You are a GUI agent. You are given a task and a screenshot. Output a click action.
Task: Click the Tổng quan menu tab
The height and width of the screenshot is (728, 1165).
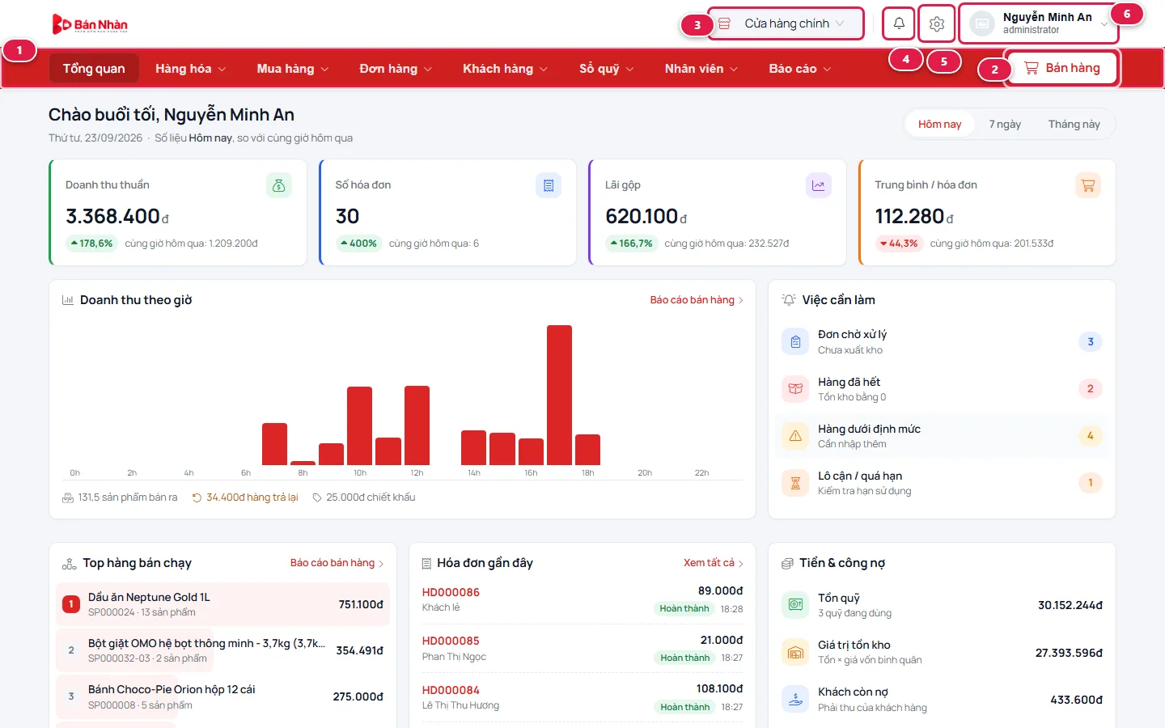(x=94, y=68)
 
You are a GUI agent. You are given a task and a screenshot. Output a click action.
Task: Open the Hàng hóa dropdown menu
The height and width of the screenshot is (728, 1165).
(x=190, y=69)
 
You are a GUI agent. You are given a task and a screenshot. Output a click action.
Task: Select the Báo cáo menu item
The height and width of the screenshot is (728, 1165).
(x=800, y=69)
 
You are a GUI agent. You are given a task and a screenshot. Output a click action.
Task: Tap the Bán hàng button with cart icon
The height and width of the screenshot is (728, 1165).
(x=1061, y=68)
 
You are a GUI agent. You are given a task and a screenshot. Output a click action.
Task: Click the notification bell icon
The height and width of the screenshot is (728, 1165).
(x=899, y=23)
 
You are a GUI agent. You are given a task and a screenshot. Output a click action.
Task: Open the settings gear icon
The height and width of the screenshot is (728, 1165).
(x=937, y=23)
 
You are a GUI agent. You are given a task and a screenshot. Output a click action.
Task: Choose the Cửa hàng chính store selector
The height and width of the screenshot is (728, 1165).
(x=786, y=23)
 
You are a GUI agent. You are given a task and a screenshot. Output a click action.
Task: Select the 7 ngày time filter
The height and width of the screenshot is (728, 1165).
(x=1005, y=125)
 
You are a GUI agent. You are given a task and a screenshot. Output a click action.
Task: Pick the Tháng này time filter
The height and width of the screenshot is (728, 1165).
(x=1074, y=125)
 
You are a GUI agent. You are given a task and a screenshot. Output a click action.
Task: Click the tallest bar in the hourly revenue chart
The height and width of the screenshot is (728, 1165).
(x=559, y=395)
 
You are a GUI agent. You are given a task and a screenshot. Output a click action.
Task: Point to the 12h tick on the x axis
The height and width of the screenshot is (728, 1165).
(x=417, y=472)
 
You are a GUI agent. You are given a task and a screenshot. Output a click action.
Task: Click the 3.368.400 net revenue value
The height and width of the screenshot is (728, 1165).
(x=112, y=216)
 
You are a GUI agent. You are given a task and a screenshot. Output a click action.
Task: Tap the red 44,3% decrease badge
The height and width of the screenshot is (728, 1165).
(x=899, y=243)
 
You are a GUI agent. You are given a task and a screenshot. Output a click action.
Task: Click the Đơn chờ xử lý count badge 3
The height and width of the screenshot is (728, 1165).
(x=1090, y=341)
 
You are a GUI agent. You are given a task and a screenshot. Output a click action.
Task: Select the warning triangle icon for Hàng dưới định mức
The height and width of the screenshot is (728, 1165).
(x=795, y=436)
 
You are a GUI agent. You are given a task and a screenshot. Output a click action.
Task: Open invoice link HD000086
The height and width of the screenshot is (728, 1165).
(x=451, y=592)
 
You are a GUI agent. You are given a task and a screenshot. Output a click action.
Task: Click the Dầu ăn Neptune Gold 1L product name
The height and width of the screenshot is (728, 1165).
(x=149, y=597)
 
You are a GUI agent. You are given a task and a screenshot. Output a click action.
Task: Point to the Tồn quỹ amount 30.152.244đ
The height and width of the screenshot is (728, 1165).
(x=1070, y=605)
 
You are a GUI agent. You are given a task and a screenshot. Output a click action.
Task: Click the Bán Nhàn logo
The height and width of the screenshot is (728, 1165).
(x=90, y=24)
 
